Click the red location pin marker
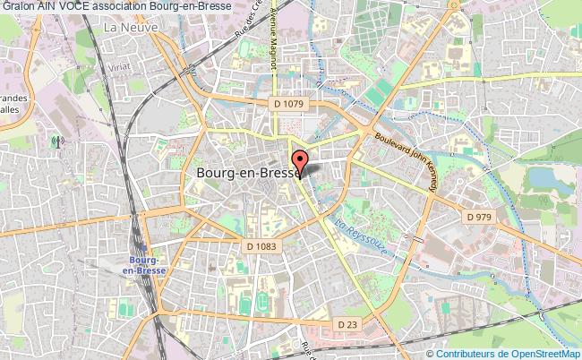point(301,164)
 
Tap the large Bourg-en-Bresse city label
point(246,176)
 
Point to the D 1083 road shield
point(262,245)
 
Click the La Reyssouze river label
point(358,236)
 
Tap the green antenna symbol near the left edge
point(56,141)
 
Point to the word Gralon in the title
point(17,6)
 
